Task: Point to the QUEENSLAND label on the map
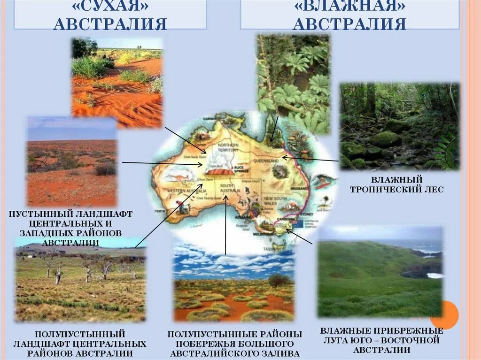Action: tap(268, 160)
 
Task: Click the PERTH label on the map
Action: tap(160, 212)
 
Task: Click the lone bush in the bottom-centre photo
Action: tap(279, 280)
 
